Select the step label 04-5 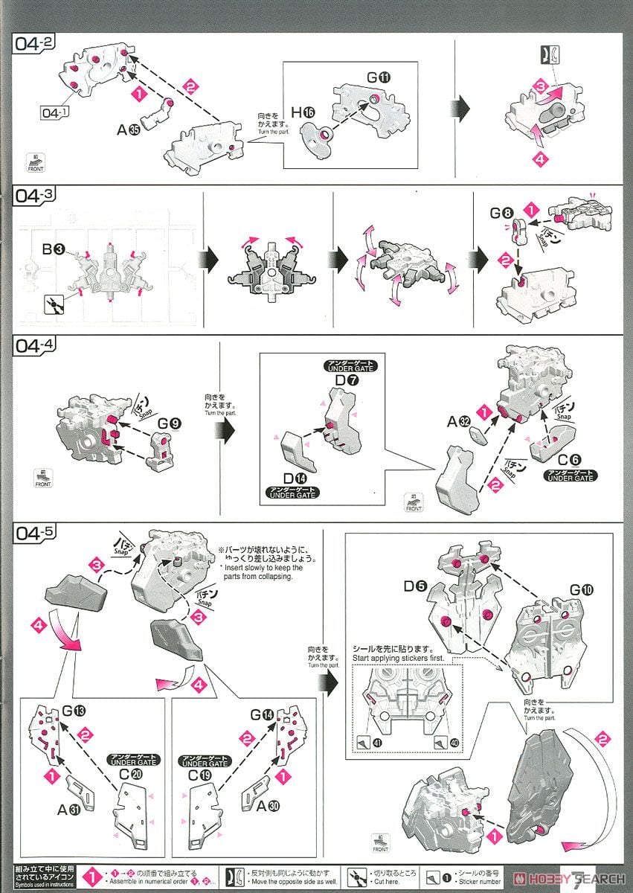33,533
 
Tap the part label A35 129,129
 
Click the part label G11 378,77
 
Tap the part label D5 415,586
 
